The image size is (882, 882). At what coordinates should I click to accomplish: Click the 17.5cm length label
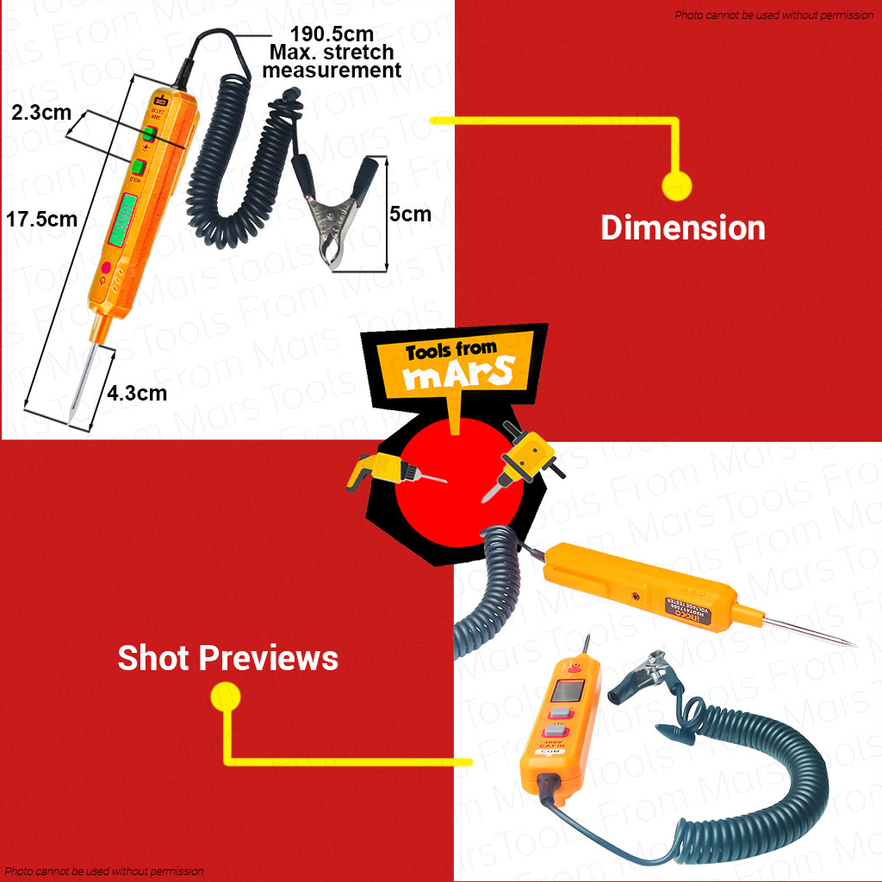(41, 219)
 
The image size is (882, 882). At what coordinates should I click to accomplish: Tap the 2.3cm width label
(41, 112)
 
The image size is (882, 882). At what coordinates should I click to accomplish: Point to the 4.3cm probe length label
(137, 393)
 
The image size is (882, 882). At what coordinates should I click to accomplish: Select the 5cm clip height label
(410, 214)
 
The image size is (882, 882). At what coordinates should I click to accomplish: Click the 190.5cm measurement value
(332, 34)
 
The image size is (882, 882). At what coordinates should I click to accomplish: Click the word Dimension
(682, 228)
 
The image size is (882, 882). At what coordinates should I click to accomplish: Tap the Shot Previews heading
(227, 658)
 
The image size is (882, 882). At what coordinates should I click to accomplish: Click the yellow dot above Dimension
(676, 184)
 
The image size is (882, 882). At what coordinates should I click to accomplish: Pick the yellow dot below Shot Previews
(226, 697)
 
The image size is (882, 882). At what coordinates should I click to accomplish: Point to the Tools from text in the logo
(450, 351)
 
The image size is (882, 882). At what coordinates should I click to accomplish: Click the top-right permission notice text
(773, 16)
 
